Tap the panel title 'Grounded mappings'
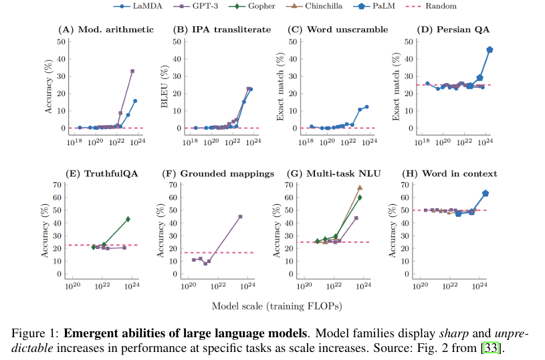(219, 174)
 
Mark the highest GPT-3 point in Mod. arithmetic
(132, 71)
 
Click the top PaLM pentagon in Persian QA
(489, 50)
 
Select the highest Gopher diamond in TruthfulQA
(128, 219)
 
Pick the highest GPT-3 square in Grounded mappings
(240, 217)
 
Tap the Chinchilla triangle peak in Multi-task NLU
(360, 188)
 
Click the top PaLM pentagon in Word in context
(485, 193)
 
